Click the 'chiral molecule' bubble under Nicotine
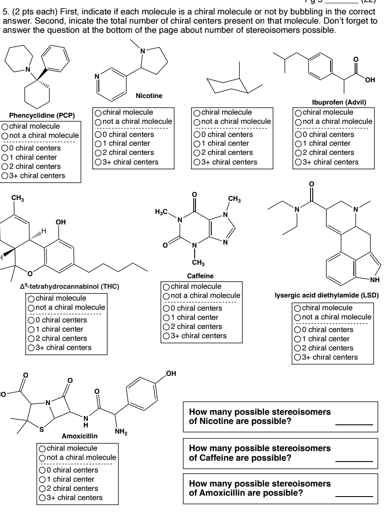click(x=99, y=112)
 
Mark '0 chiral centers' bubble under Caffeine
click(x=166, y=308)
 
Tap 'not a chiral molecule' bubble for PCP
click(x=4, y=136)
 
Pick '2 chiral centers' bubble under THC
click(x=31, y=339)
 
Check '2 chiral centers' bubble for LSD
click(x=297, y=348)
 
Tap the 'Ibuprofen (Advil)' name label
click(x=333, y=102)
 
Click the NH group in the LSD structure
click(x=375, y=280)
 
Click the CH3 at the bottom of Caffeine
click(x=195, y=262)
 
